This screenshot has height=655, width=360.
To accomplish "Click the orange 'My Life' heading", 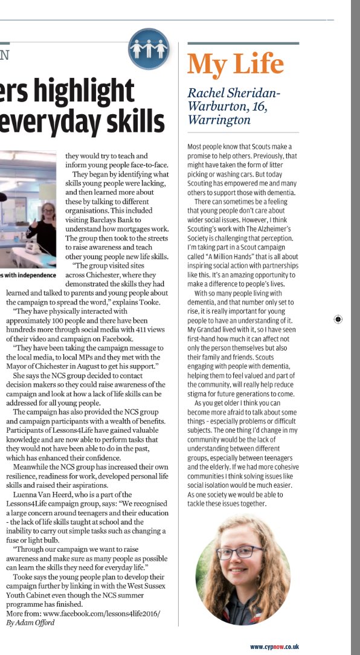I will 236,63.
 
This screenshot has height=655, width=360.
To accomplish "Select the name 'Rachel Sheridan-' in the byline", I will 234,93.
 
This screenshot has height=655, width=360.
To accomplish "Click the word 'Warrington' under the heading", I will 219,120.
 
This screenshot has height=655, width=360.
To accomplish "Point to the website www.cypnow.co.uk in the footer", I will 274,647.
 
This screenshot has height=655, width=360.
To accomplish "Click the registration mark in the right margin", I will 338,318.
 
